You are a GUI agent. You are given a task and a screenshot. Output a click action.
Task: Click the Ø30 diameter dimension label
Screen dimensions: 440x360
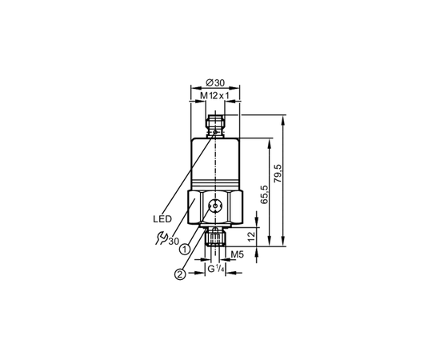point(215,82)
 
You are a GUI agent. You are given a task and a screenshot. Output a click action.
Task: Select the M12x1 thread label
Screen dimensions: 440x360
point(214,96)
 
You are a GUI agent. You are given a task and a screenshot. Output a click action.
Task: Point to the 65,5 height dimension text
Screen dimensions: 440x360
point(265,194)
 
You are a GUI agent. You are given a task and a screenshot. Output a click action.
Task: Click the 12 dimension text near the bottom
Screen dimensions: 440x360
point(252,235)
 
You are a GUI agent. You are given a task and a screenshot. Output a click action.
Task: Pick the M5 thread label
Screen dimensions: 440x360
point(237,254)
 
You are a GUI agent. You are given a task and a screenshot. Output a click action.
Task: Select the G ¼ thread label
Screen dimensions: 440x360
point(216,269)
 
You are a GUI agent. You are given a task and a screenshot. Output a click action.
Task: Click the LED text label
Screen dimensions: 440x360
point(162,219)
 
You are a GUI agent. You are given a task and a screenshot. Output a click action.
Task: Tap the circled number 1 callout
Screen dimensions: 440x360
point(186,249)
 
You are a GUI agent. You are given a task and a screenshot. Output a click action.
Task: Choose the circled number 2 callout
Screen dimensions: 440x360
point(180,274)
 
